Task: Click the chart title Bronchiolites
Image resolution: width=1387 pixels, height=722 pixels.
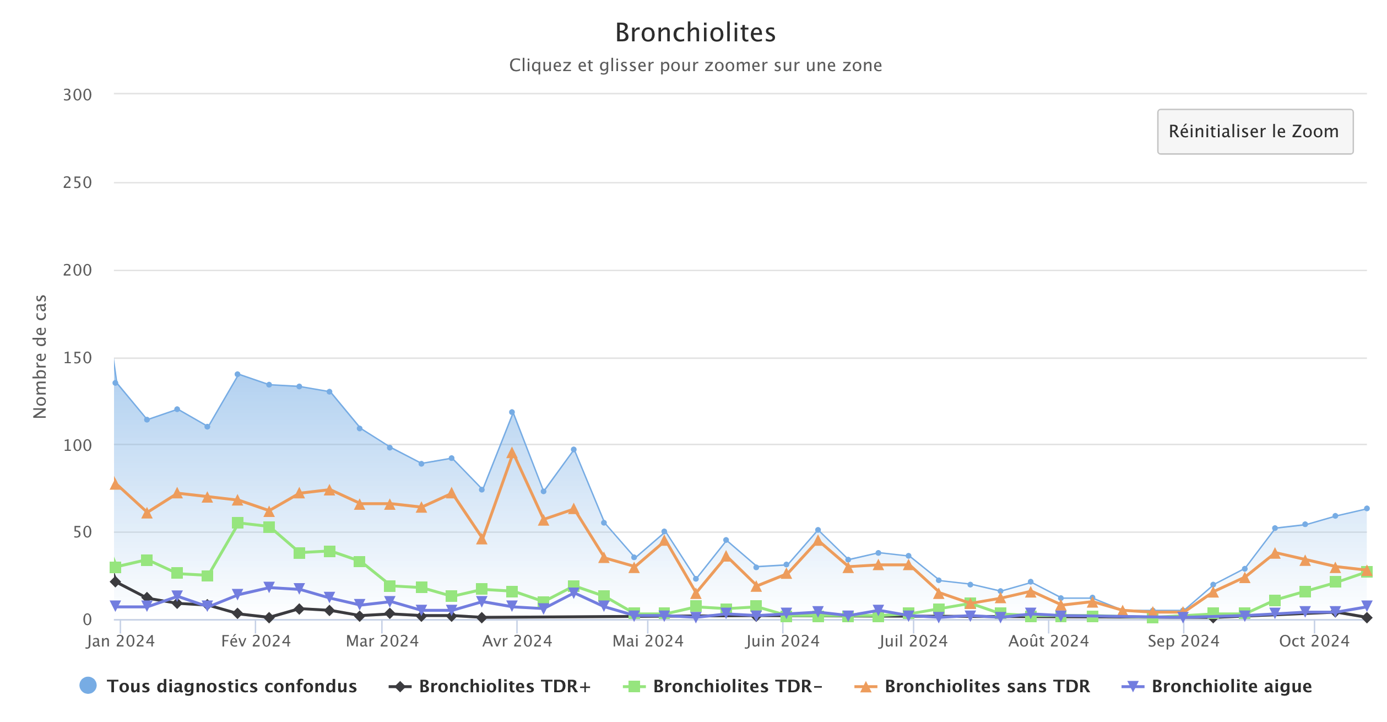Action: [695, 33]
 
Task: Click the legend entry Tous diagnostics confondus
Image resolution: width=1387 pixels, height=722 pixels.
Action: [231, 686]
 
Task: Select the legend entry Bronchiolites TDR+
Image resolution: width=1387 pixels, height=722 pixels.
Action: [504, 686]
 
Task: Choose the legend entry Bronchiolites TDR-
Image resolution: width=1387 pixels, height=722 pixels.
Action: [737, 686]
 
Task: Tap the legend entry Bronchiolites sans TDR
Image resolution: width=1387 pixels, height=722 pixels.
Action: [987, 686]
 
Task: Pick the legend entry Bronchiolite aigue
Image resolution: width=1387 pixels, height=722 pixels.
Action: [1231, 686]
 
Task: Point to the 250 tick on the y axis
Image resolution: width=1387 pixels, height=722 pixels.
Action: [77, 182]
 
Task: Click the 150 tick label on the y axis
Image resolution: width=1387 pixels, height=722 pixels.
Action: [77, 358]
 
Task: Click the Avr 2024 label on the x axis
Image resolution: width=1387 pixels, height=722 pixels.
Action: [517, 641]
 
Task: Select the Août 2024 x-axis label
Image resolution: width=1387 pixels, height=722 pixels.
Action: [1048, 641]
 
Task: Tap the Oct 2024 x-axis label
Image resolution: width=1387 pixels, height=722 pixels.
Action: [1314, 641]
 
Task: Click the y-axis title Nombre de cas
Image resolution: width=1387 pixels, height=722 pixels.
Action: [40, 357]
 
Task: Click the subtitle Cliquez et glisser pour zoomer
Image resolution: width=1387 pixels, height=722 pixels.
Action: [695, 65]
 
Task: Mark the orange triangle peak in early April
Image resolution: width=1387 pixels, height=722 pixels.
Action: [512, 454]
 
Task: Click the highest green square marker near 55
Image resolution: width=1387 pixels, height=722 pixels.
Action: [238, 523]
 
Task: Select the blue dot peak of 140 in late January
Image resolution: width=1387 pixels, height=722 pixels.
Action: [237, 374]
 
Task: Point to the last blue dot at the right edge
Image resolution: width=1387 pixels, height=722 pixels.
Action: [1367, 508]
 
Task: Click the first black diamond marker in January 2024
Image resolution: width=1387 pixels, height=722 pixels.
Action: [116, 581]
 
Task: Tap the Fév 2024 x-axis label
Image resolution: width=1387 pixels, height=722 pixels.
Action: [256, 641]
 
